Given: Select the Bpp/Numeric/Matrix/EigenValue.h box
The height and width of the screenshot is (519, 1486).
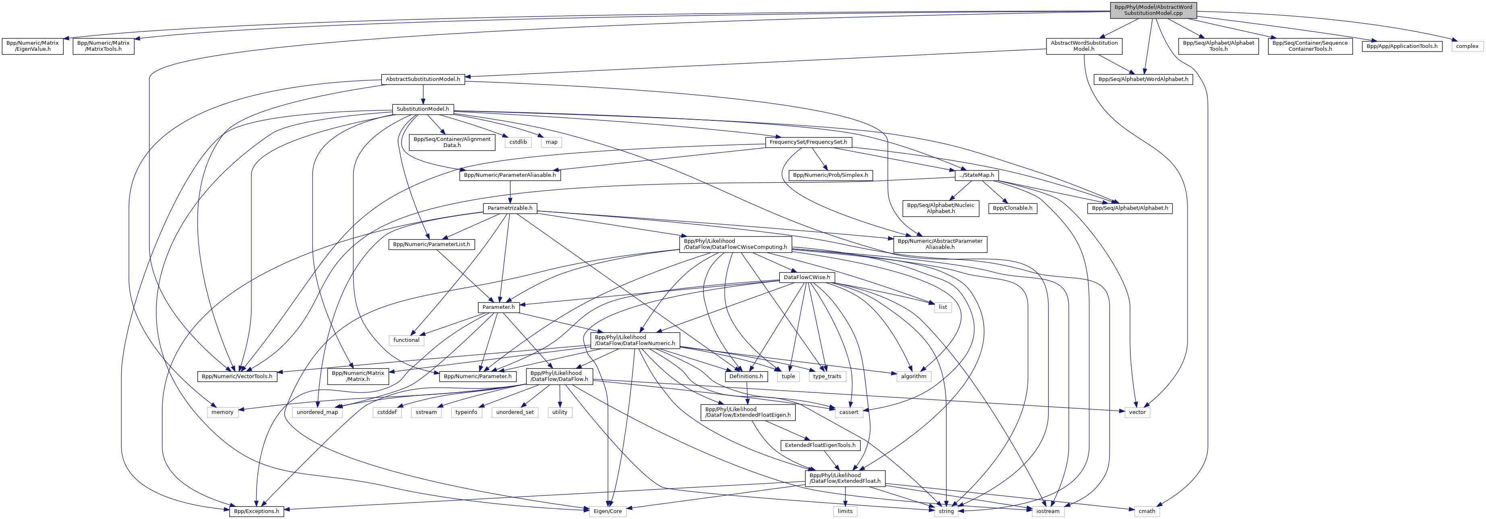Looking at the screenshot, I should click(33, 46).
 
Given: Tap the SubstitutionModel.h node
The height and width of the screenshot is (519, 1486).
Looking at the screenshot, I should click(423, 109).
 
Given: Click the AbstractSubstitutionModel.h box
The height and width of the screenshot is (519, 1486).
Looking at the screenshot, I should click(423, 79).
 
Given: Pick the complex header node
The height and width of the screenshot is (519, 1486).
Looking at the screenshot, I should click(1467, 46).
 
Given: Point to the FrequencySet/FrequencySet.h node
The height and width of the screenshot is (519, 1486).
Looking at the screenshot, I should click(808, 142).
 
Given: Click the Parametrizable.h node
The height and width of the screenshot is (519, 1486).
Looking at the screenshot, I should click(510, 208).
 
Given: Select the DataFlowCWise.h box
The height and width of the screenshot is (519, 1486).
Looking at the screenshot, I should click(806, 277).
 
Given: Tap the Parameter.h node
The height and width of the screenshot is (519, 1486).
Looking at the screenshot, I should click(498, 307).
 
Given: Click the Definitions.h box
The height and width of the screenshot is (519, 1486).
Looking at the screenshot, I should click(746, 376).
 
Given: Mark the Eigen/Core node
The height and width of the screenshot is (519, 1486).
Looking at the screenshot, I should click(608, 511).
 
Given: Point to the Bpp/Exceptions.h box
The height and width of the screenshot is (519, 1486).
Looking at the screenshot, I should click(257, 511).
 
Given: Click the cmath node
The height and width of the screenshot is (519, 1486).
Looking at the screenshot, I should click(1147, 511).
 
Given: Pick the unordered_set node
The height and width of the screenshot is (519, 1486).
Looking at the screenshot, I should click(514, 412).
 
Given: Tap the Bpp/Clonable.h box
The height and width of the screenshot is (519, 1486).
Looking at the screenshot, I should click(1012, 208).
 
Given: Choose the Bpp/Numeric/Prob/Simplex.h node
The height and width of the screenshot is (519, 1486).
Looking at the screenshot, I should click(830, 175).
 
